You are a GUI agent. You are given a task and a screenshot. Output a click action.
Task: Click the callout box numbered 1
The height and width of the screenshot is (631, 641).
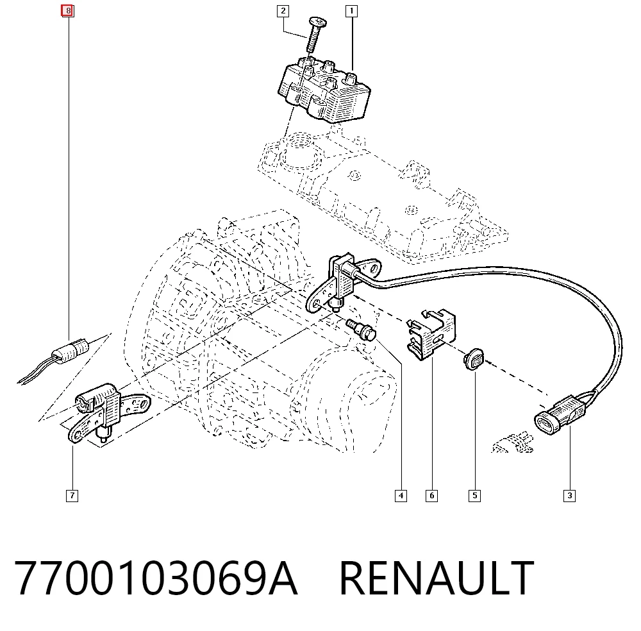pyautogui.click(x=351, y=11)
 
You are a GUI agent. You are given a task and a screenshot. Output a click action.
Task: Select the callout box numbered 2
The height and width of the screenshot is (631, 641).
pyautogui.click(x=283, y=11)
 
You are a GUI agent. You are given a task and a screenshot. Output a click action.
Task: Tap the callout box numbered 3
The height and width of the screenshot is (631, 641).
pyautogui.click(x=569, y=496)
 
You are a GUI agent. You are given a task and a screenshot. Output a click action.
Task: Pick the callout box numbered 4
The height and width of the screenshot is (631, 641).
pyautogui.click(x=401, y=496)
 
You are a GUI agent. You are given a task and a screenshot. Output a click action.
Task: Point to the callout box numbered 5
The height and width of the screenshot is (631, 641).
pyautogui.click(x=474, y=496)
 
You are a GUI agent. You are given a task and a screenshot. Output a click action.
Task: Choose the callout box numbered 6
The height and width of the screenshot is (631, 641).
pyautogui.click(x=431, y=496)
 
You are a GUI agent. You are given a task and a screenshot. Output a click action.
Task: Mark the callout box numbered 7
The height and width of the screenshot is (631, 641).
pyautogui.click(x=72, y=496)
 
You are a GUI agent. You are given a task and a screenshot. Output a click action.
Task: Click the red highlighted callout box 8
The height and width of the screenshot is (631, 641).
pyautogui.click(x=67, y=11)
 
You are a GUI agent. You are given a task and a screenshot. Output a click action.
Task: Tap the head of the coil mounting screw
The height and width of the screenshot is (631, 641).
pyautogui.click(x=318, y=22)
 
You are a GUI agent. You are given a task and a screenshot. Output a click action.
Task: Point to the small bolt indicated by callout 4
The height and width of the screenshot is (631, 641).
pyautogui.click(x=361, y=330)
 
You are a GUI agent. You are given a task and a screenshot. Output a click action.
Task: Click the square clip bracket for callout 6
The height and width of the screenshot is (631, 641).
pyautogui.click(x=431, y=335)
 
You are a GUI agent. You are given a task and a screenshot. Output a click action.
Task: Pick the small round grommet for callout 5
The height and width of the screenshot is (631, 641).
pyautogui.click(x=474, y=359)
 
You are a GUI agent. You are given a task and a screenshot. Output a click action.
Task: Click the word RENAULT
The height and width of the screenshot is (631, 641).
pyautogui.click(x=437, y=578)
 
